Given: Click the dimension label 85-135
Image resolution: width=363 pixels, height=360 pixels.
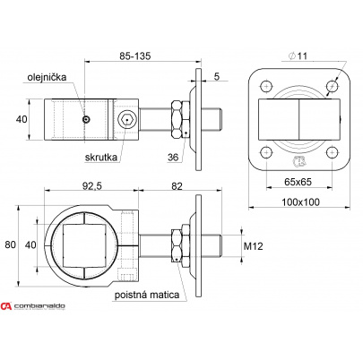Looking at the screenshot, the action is tap(135, 56).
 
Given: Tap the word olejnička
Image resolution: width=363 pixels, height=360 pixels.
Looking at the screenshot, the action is tap(47, 77).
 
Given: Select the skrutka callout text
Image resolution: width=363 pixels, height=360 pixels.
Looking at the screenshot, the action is tap(101, 157).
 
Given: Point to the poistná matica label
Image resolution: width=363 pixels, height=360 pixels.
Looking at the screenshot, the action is tap(147, 295).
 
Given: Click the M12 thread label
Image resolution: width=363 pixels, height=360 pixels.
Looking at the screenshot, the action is tap(254, 246).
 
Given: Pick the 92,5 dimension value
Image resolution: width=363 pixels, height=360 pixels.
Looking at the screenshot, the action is tap(92, 186).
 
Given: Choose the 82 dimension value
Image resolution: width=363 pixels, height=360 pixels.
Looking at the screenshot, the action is tap(177, 186).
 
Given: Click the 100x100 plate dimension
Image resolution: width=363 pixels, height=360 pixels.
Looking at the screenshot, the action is tap(300, 202).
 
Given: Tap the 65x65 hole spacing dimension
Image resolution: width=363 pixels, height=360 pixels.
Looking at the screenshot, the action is tap(298, 182).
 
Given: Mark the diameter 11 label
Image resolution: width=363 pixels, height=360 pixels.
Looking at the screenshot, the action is tap(298, 56).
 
